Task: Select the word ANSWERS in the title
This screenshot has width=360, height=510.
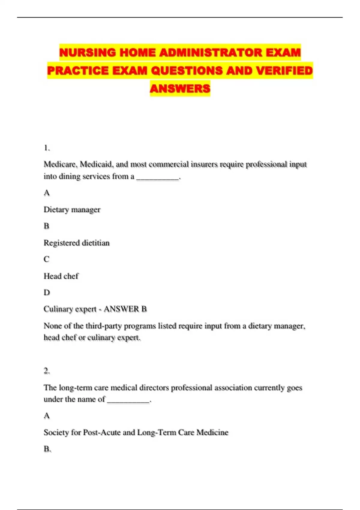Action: (x=180, y=88)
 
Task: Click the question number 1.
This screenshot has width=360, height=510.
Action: (x=46, y=148)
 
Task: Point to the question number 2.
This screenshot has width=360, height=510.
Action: (x=46, y=371)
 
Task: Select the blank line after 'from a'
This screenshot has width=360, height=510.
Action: (x=158, y=177)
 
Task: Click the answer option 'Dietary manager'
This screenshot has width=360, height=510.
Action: (x=72, y=209)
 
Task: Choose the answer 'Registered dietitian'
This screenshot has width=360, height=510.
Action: (x=76, y=243)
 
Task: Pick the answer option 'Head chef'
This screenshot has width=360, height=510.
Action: (x=61, y=276)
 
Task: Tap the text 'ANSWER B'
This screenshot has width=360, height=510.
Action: (x=125, y=309)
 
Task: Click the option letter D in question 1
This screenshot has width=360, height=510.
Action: (x=46, y=292)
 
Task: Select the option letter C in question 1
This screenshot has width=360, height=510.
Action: (x=46, y=259)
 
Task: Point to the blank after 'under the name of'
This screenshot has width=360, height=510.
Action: (x=128, y=400)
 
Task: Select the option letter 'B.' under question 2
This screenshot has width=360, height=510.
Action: (x=47, y=449)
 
